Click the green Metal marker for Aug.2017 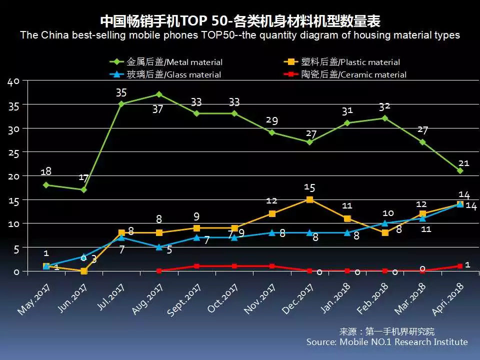[x=158, y=94]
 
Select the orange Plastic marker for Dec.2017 [x=309, y=199]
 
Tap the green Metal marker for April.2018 [x=460, y=170]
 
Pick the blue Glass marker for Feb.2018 [x=385, y=223]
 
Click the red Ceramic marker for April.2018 [x=460, y=266]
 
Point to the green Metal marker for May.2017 [x=46, y=185]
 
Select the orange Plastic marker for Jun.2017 [x=83, y=271]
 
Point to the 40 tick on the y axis [x=13, y=82]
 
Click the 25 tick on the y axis [x=13, y=152]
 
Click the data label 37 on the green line [x=157, y=109]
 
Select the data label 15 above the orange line [x=309, y=187]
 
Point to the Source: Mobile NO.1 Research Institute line [x=387, y=342]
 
